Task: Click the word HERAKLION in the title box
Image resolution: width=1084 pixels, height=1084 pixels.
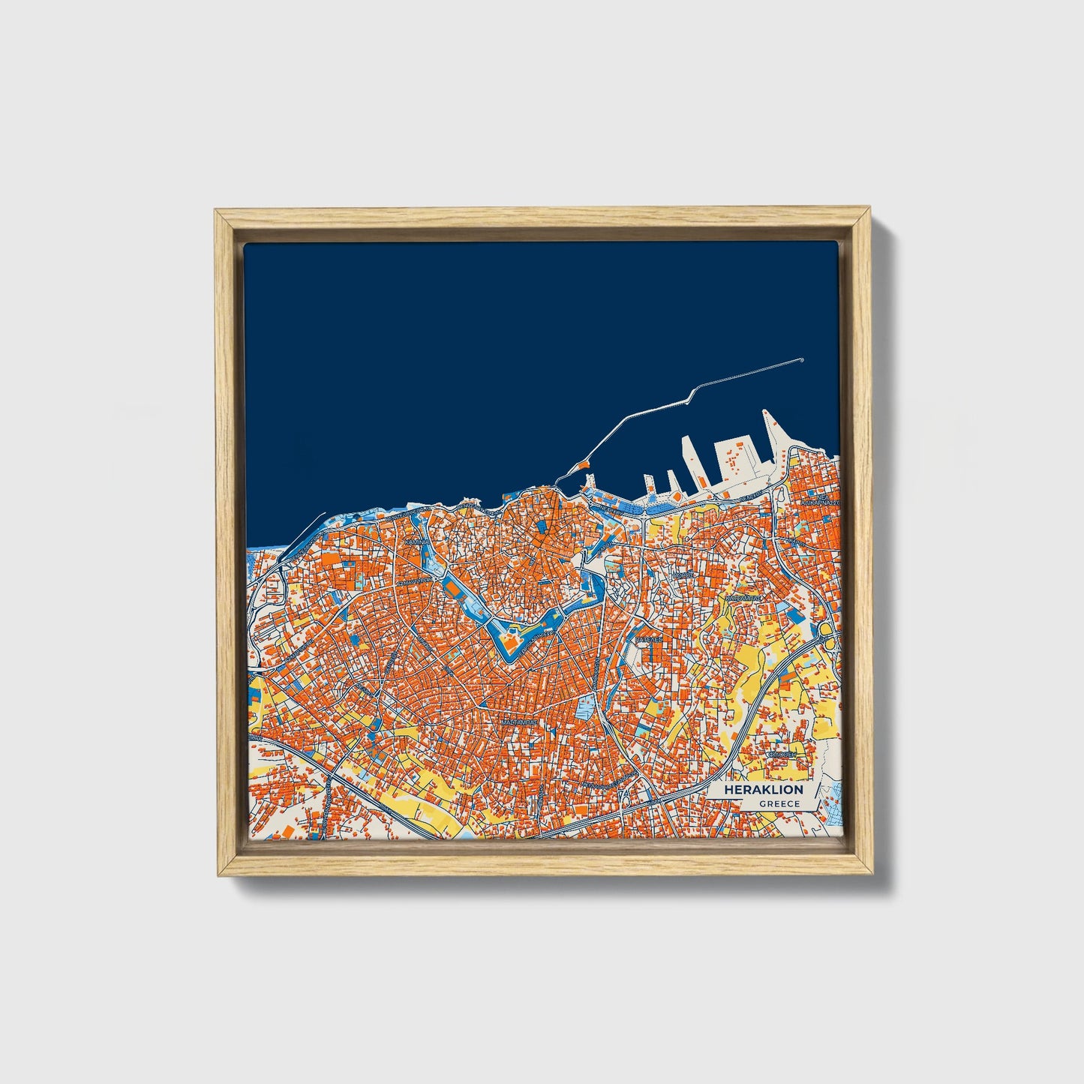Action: pos(764,790)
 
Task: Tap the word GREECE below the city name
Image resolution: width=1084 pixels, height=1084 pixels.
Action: pos(779,804)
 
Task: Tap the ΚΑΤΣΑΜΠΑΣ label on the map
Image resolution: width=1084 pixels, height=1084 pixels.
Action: pos(743,599)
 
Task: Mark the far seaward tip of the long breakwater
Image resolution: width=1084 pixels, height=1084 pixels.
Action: pos(802,360)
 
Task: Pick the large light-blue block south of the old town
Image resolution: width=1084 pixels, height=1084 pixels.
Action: pos(584,706)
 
